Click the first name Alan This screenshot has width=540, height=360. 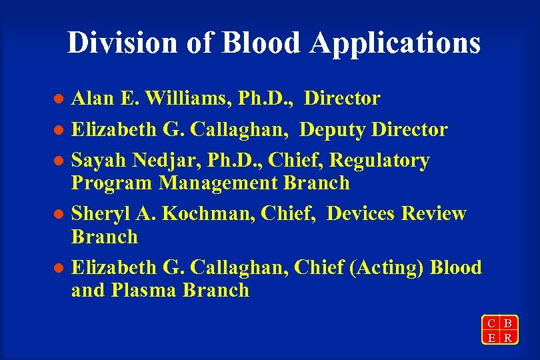coord(92,99)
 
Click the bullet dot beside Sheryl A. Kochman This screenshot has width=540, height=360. coord(58,215)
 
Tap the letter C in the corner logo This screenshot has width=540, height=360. coord(491,324)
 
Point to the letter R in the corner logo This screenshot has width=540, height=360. coord(508,337)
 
